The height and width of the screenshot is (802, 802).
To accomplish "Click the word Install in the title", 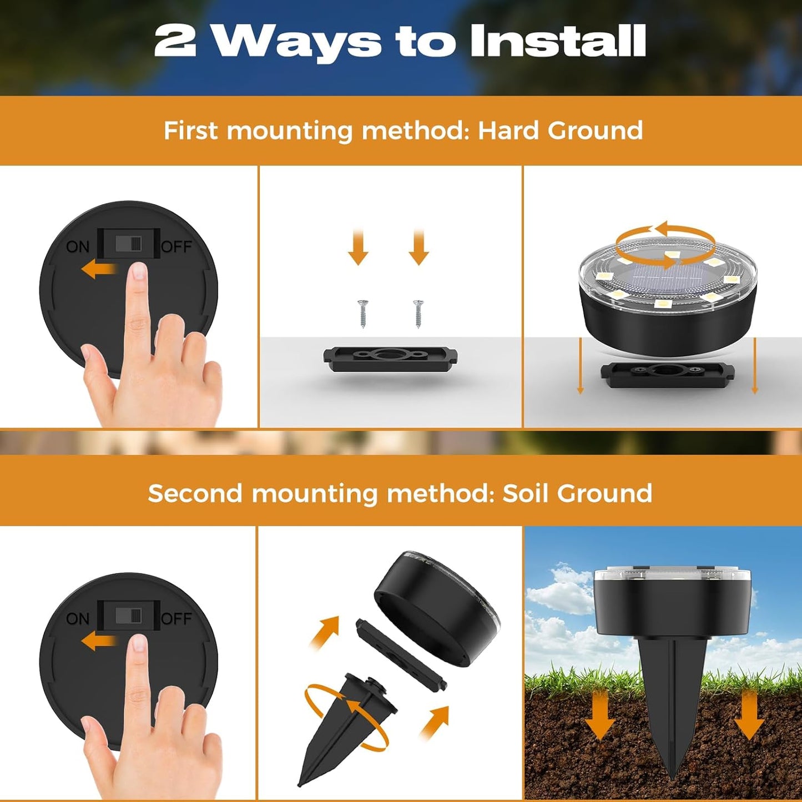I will coord(557,41).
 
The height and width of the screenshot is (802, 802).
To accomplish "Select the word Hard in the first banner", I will coord(509,131).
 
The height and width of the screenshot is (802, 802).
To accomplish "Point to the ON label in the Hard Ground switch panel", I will coord(77,246).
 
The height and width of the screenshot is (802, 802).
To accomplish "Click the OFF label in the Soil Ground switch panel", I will coord(176,618).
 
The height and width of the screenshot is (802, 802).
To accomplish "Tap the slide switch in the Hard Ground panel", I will coord(129,244).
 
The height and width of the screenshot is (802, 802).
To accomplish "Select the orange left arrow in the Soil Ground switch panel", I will coord(98,642).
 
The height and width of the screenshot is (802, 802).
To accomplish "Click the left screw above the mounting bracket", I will coord(364,313).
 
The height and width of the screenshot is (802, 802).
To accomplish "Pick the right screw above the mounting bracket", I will coord(418,313).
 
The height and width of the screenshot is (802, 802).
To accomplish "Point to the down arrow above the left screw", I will coord(358,248).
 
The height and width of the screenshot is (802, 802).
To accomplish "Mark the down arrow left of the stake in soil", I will coord(599,716).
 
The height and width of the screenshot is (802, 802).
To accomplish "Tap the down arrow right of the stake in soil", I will coord(749,716).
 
